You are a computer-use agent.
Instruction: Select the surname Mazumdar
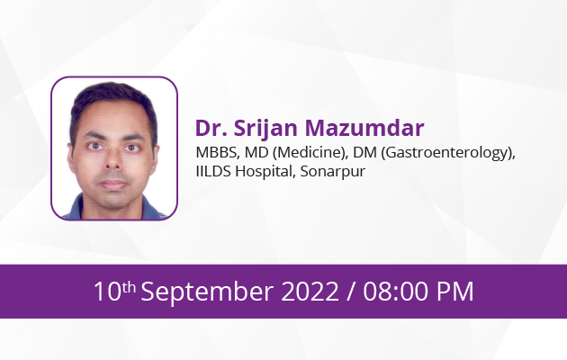click(x=364, y=128)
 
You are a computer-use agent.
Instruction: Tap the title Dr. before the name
click(x=211, y=128)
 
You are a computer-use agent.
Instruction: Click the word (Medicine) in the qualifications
click(x=310, y=153)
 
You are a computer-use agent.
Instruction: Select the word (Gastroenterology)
click(x=448, y=153)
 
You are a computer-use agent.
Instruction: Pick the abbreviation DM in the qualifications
click(x=364, y=152)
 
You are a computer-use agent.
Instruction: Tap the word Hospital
click(x=265, y=172)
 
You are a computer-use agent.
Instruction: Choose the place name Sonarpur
click(x=333, y=172)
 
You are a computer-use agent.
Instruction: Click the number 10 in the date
click(x=107, y=292)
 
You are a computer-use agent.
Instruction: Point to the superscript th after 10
click(x=129, y=288)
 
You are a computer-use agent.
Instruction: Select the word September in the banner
click(x=207, y=292)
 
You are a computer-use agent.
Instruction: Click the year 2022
click(x=310, y=292)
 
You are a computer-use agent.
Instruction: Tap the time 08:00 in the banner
click(x=396, y=292)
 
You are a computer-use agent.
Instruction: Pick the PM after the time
click(x=454, y=292)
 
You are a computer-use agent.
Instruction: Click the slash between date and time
click(x=351, y=292)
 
